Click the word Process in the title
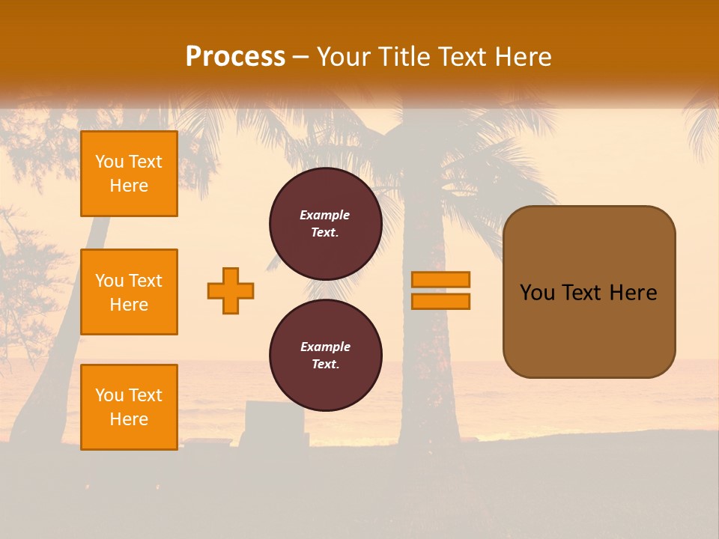pos(235,57)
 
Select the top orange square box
pos(129,174)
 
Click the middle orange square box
pos(129,292)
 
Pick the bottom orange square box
pos(129,406)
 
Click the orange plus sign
pos(231,290)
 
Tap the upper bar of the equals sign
pos(440,279)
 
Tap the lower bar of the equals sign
pos(440,301)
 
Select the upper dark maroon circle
pos(325,223)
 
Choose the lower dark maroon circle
pos(325,355)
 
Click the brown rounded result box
pos(589,291)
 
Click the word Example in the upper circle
pos(325,215)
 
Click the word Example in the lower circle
pos(325,347)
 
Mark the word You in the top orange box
pos(109,162)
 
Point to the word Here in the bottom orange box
pos(129,419)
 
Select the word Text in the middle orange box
pos(145,281)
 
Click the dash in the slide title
pos(300,57)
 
